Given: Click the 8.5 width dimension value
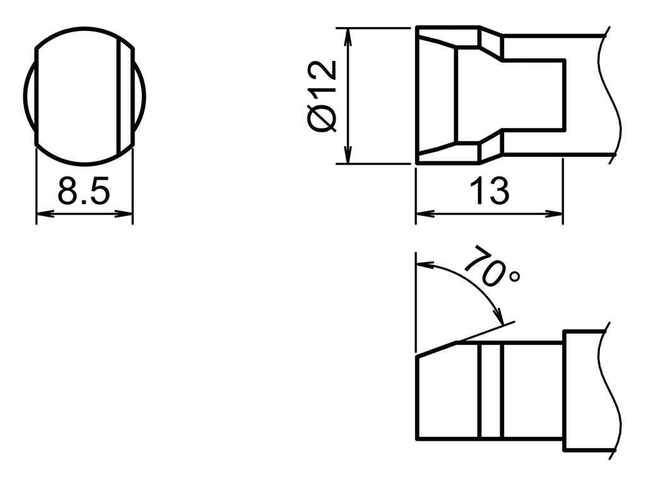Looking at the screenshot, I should click(x=84, y=191).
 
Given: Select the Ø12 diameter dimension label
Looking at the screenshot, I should click(x=324, y=96).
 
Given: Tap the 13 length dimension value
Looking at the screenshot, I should click(x=489, y=191).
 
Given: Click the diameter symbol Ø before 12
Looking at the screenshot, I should click(x=324, y=119).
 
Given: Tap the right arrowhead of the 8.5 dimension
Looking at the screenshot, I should click(x=127, y=215).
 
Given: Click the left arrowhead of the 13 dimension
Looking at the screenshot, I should click(x=423, y=214).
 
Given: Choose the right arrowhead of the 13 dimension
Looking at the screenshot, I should click(x=556, y=214).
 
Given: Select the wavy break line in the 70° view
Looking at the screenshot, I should click(x=610, y=391).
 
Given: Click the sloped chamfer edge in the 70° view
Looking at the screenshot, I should click(x=437, y=350).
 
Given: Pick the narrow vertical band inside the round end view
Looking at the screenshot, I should click(x=126, y=95).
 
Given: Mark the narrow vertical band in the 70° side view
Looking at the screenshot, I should click(x=490, y=391).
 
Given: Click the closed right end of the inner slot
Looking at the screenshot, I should click(x=564, y=95).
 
